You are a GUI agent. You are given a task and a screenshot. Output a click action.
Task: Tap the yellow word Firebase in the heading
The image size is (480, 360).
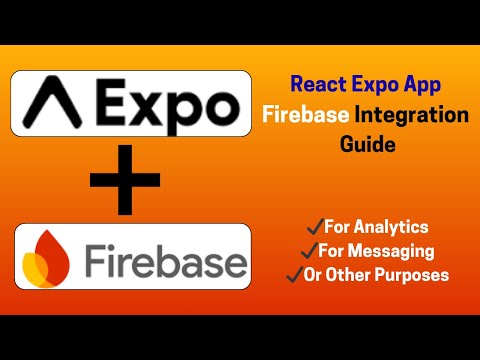click(305, 116)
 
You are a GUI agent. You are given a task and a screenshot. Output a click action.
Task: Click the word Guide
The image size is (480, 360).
click(368, 144)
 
